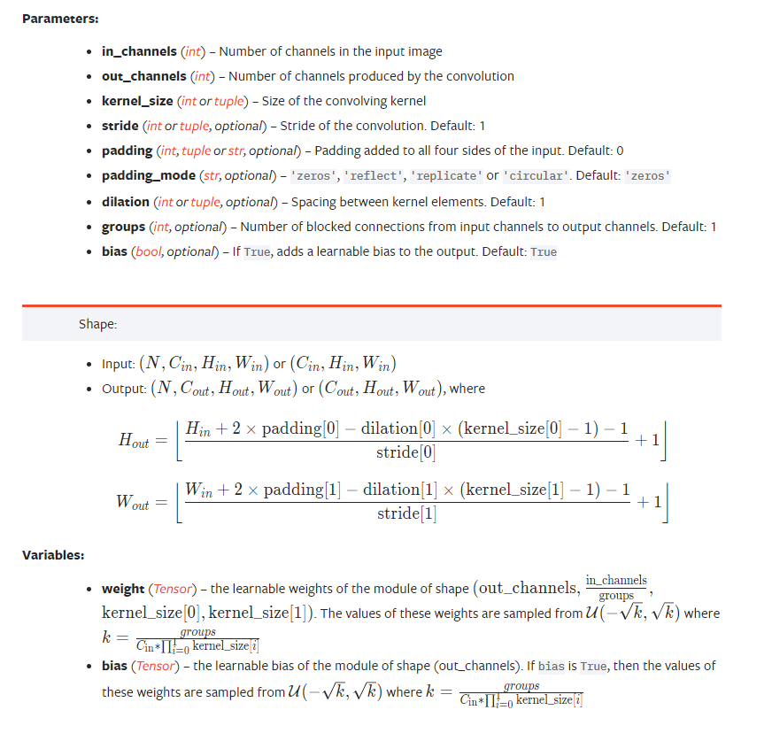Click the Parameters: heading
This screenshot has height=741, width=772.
[x=59, y=19]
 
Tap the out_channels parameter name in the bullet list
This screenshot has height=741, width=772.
[x=143, y=76]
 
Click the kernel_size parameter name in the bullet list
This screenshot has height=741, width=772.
[x=137, y=101]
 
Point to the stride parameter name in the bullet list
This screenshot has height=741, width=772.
[x=120, y=126]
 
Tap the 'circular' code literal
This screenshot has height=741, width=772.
[x=534, y=176]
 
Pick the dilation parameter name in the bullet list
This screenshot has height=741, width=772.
[x=126, y=202]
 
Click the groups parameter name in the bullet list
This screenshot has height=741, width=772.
[x=123, y=227]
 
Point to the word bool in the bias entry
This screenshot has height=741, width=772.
[x=148, y=252]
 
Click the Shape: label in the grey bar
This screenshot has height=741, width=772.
[x=97, y=324]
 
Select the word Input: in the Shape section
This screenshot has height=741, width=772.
[x=117, y=364]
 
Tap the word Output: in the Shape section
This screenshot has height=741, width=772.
[x=122, y=389]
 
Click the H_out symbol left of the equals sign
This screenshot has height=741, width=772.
[x=134, y=440]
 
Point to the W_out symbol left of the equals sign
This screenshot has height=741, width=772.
[x=132, y=502]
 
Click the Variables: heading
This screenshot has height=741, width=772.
[x=53, y=555]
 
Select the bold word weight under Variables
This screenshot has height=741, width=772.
[x=123, y=589]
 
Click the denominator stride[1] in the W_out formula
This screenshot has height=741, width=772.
[x=406, y=514]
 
